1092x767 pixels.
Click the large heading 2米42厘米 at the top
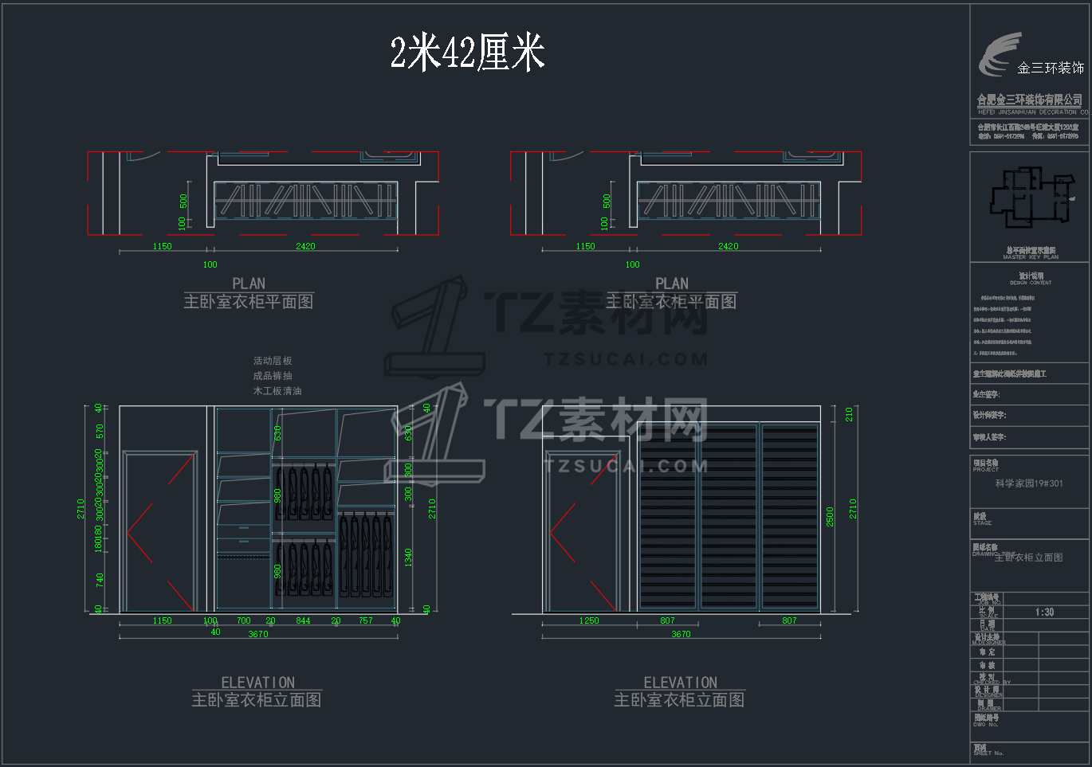tap(467, 53)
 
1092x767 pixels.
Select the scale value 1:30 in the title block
tap(1044, 612)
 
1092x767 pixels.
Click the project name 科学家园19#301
tap(1028, 483)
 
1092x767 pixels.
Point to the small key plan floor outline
tap(1030, 197)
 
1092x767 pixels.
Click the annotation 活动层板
tap(273, 361)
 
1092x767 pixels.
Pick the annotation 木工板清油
tap(277, 391)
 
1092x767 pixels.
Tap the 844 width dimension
tap(303, 620)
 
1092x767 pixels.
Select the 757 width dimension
tap(365, 620)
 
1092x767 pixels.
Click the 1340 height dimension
tap(408, 558)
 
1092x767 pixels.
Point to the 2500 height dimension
tap(830, 516)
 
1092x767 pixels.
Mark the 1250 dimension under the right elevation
tap(589, 620)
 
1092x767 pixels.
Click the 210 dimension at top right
tap(850, 414)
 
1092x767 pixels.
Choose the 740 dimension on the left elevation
tap(100, 579)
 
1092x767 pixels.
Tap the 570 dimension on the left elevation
tap(100, 431)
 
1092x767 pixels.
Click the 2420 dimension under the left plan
tap(305, 246)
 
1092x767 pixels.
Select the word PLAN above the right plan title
tap(671, 284)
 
